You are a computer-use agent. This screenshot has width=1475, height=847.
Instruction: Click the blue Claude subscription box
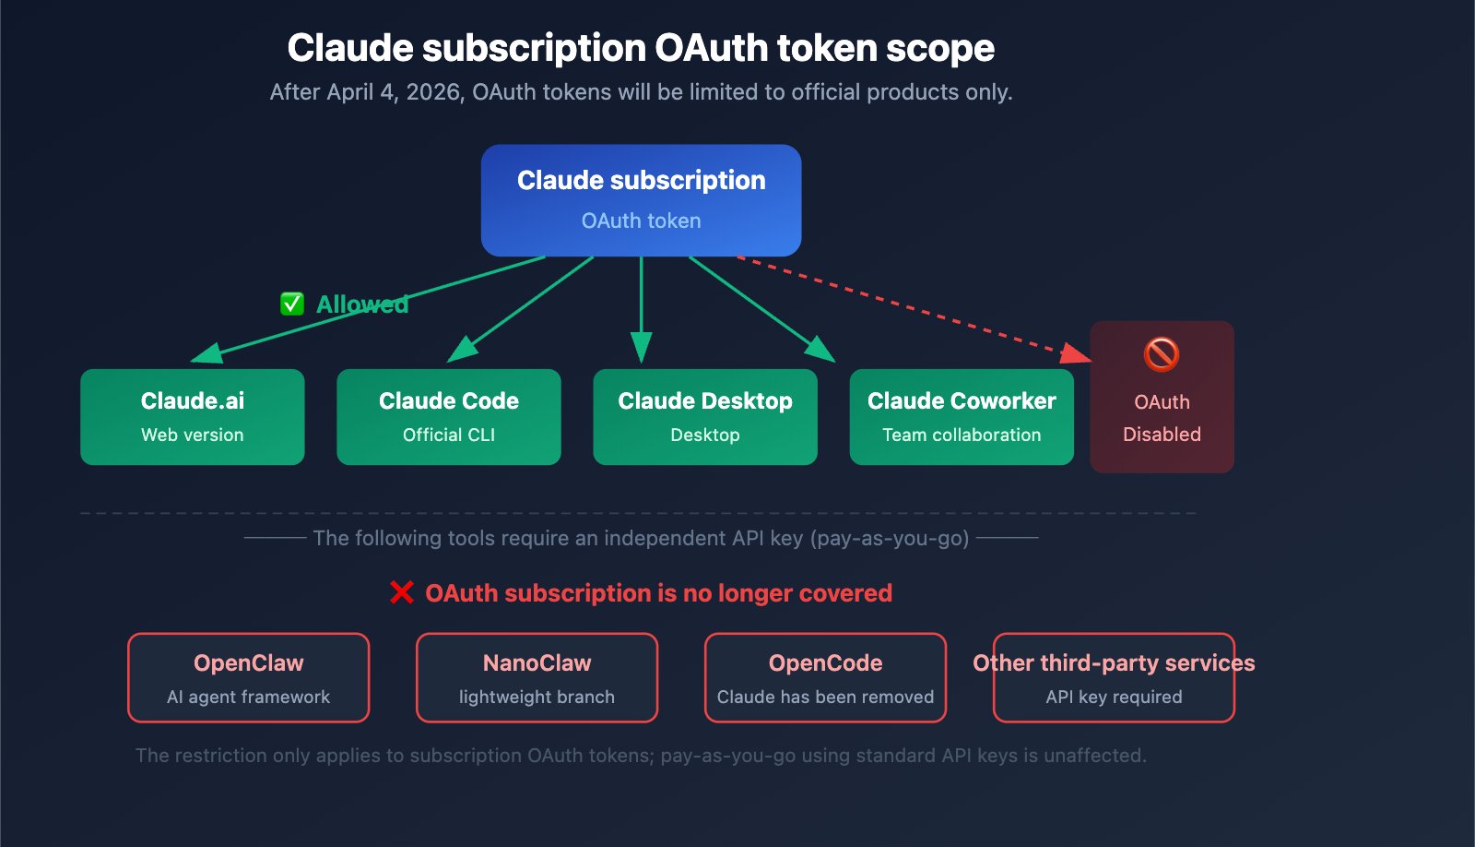click(641, 200)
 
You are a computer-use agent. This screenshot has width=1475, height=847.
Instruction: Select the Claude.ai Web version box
click(192, 417)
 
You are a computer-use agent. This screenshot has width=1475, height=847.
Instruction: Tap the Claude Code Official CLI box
click(448, 417)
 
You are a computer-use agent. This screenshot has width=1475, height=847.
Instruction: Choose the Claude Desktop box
click(704, 417)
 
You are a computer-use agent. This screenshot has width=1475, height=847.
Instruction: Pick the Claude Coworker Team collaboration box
click(961, 417)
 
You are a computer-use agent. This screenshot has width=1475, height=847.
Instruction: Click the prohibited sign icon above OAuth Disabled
click(1162, 354)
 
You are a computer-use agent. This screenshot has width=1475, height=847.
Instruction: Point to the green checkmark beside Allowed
click(292, 304)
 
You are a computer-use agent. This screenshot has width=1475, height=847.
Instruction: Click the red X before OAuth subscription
click(402, 592)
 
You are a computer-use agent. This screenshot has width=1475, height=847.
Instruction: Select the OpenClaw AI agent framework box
click(248, 677)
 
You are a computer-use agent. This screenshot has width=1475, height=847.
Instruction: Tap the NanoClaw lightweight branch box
click(537, 677)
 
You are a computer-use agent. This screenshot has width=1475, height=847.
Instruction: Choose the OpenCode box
click(825, 677)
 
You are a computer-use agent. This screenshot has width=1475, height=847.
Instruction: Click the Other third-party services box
click(1114, 677)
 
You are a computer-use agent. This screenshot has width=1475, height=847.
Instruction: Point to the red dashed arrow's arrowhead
click(1077, 353)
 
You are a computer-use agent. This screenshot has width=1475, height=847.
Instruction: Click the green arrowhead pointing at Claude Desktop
click(641, 349)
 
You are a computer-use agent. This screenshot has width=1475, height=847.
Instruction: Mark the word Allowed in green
click(362, 304)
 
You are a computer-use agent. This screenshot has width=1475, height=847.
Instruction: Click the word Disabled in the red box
click(1162, 435)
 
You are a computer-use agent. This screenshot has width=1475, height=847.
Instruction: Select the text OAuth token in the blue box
click(641, 221)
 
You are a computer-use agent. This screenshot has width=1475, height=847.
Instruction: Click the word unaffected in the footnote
click(1095, 756)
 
